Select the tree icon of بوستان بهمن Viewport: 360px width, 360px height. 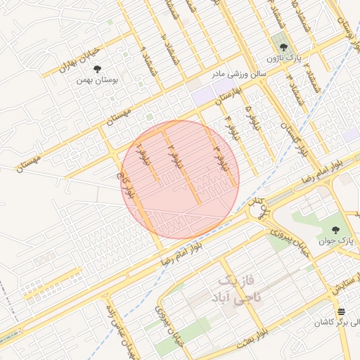97,68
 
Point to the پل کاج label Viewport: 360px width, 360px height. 260,210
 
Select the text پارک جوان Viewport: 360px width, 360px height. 342,242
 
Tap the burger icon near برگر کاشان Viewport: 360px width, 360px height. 341,311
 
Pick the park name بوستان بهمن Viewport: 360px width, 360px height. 98,80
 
